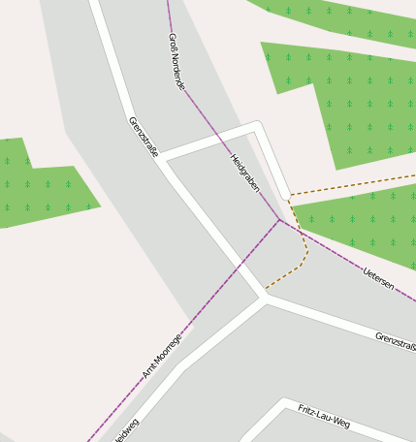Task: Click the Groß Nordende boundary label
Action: tap(176, 61)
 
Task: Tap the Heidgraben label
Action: tap(244, 172)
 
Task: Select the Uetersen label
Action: tap(378, 279)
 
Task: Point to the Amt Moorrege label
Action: tap(162, 356)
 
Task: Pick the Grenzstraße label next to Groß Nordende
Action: tap(143, 137)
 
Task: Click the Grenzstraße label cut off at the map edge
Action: tap(396, 340)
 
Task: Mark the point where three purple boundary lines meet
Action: tap(280, 219)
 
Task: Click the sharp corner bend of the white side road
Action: tap(257, 125)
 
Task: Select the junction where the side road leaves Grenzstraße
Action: tap(163, 156)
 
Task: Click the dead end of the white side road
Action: tap(286, 195)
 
